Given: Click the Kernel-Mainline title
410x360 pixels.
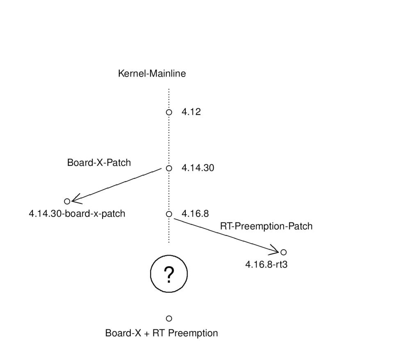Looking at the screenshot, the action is [152, 73].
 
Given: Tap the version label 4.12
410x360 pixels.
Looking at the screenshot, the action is [191, 112].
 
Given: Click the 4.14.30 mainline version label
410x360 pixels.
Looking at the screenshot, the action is [198, 168].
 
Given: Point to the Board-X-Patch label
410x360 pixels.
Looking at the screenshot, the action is [99, 163].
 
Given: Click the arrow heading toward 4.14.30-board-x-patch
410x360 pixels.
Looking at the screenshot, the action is [116, 185].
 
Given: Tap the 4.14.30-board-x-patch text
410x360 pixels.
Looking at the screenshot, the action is [77, 214].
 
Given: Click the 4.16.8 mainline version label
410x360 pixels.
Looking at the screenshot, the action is [195, 214].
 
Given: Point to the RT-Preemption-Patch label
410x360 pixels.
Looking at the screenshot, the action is [266, 226].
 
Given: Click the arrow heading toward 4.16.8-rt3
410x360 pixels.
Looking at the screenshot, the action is [227, 235].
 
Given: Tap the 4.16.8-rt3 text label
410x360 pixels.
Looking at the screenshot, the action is [266, 265].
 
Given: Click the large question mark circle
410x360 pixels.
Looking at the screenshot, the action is [169, 255].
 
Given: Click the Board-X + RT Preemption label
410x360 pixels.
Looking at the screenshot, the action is [161, 333].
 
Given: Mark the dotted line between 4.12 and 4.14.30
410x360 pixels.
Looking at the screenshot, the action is [169, 140].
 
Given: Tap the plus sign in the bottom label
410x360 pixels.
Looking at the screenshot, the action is [146, 334].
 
